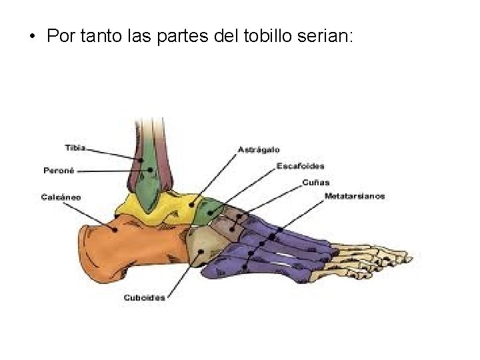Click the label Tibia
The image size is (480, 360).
75,147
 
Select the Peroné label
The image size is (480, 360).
59,170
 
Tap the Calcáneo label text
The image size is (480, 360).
61,197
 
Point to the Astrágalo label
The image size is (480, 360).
259,149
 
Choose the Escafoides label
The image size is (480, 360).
301,166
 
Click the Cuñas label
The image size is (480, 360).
315,182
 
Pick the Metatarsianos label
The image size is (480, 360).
355,196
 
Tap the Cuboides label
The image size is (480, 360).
144,297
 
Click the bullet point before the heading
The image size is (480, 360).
32,36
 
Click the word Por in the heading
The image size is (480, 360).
61,36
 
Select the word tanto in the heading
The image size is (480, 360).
102,36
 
